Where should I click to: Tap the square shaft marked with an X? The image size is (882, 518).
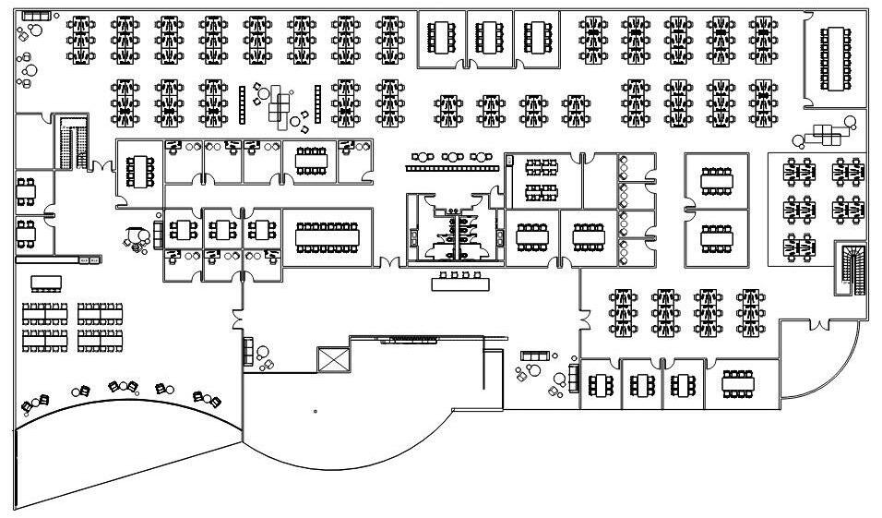331,359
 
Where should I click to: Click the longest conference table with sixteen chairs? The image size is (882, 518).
328,237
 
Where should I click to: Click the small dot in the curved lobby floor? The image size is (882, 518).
316,411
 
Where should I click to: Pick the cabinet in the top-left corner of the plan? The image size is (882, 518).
37,17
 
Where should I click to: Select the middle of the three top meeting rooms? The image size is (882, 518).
490,38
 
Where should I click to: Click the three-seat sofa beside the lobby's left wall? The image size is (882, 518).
247,351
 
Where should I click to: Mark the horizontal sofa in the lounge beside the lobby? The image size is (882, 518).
534,355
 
